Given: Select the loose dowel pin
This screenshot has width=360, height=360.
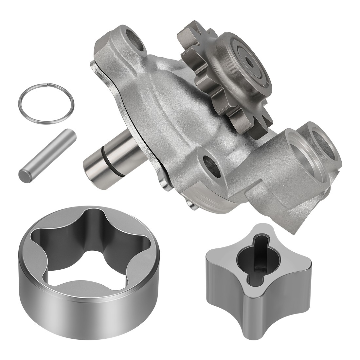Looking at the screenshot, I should [x=48, y=154].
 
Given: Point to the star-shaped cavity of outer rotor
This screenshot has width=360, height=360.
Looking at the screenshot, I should [x=92, y=249].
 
